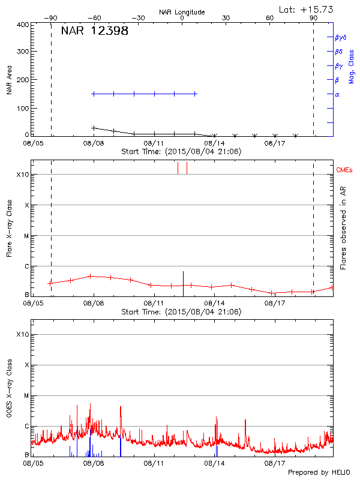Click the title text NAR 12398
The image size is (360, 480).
94,31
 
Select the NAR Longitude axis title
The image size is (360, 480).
182,12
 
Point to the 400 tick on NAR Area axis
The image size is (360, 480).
22,25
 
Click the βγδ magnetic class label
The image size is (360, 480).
341,37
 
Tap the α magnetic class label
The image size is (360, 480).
337,94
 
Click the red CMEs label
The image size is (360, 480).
344,170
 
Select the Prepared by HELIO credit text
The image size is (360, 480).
319,472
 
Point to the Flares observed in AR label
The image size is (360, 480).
343,226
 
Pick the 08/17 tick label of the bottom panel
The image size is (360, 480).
275,463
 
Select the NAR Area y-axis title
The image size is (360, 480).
10,80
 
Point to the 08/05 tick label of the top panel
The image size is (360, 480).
33,143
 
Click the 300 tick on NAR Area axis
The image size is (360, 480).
22,52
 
